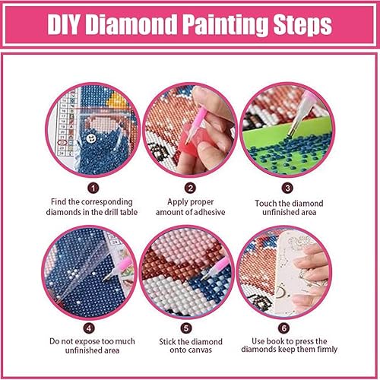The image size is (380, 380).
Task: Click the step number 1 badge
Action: click(93, 185)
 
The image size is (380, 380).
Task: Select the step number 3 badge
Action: click(287, 185)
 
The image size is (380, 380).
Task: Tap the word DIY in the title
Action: click(67, 25)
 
